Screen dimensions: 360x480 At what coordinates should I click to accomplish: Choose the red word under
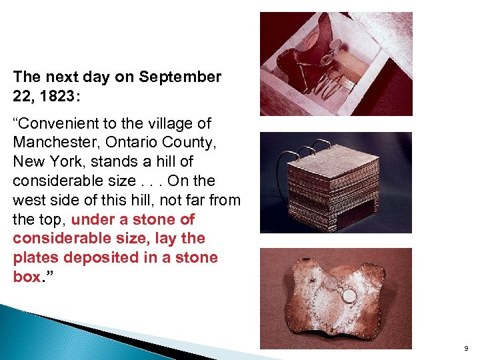coord(91,219)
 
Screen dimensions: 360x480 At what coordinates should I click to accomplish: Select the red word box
coord(27,277)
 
